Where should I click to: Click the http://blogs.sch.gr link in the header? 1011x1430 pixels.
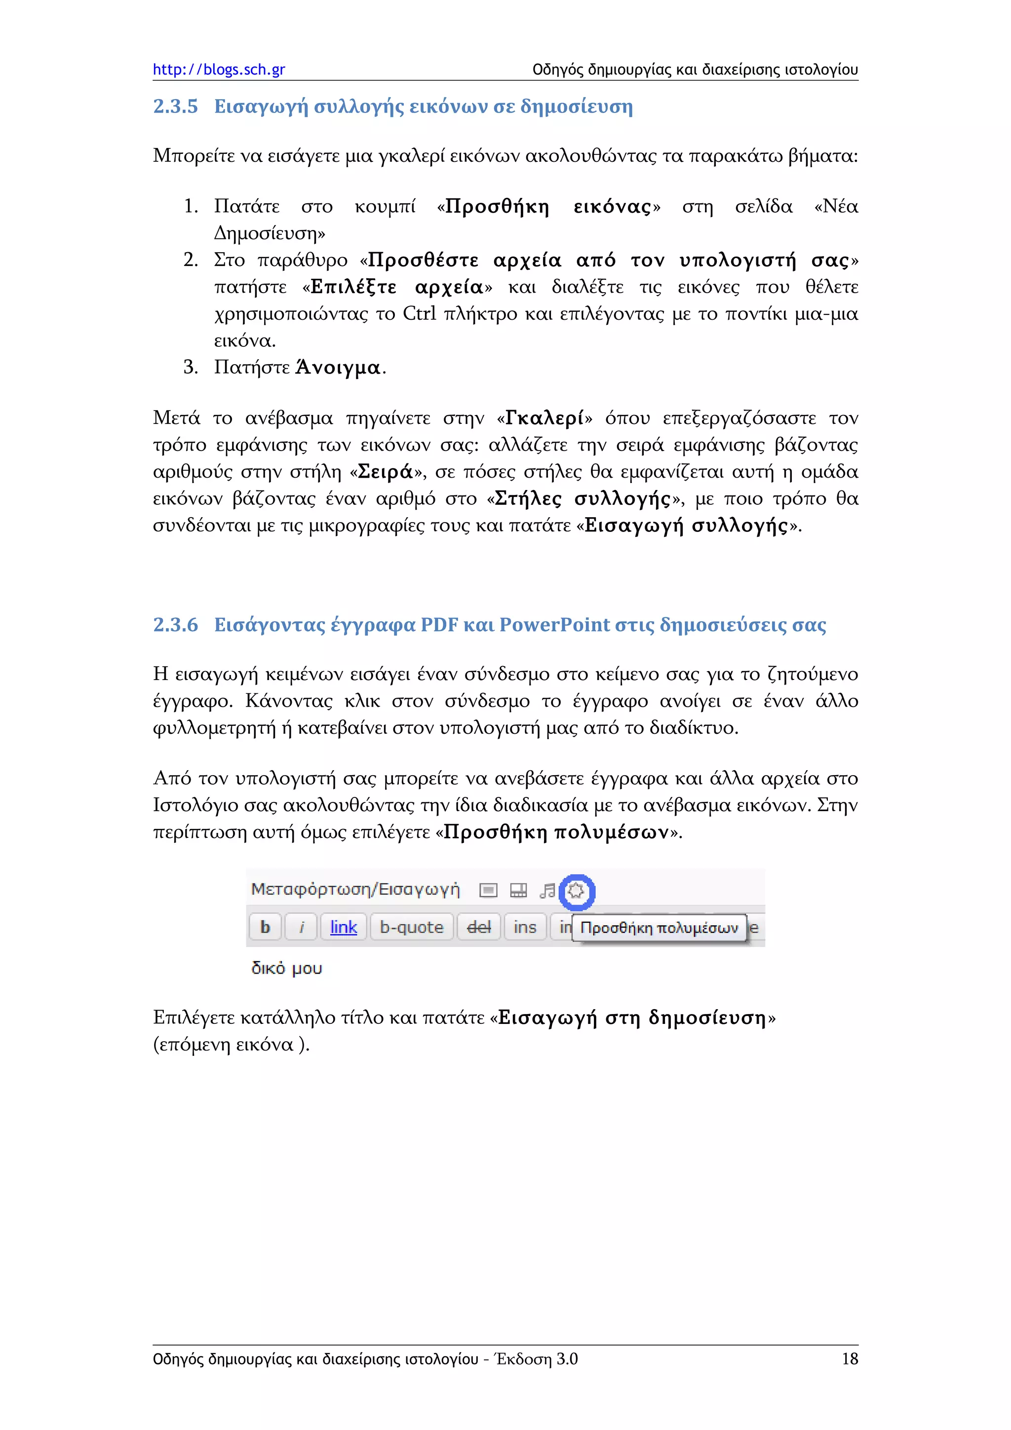click(x=219, y=69)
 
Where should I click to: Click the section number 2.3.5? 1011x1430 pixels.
click(x=175, y=107)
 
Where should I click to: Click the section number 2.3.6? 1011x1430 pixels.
click(x=175, y=624)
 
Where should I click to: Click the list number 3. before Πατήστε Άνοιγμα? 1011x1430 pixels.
click(x=190, y=367)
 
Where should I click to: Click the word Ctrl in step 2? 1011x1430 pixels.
click(x=419, y=313)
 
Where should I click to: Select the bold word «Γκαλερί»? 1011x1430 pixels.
click(x=545, y=418)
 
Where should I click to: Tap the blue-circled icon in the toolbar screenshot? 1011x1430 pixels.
click(x=577, y=891)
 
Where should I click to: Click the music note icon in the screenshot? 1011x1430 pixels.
click(x=547, y=891)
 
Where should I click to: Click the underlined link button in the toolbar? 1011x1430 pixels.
click(x=343, y=927)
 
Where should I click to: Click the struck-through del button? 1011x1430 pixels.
click(x=478, y=927)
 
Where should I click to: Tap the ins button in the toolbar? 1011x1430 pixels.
click(x=524, y=927)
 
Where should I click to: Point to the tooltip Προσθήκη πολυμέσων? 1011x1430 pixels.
click(x=659, y=928)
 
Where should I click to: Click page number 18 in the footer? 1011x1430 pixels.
click(x=850, y=1359)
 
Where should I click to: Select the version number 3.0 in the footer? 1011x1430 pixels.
click(x=567, y=1359)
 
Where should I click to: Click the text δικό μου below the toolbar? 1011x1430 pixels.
click(x=286, y=969)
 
